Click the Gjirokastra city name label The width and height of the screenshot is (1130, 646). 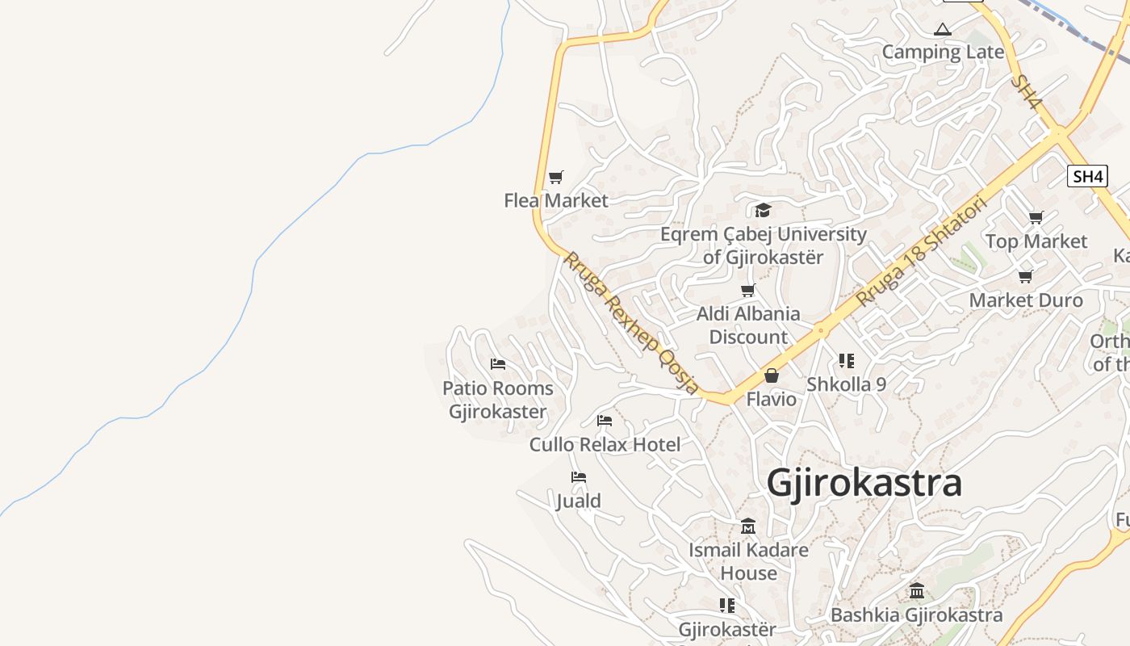(864, 483)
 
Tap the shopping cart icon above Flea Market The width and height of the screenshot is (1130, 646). (555, 177)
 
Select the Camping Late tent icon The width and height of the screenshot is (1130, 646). (942, 30)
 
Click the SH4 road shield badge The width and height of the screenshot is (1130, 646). (1086, 176)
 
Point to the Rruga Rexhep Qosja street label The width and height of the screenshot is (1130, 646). (631, 322)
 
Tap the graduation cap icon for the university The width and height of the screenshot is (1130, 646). (763, 211)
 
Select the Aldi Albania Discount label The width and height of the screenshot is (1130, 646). (748, 325)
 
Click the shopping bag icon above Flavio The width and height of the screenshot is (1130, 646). (772, 375)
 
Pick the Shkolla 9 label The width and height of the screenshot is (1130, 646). (846, 384)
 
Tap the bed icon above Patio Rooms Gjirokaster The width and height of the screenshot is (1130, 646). (498, 364)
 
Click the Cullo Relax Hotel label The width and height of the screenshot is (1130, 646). (605, 444)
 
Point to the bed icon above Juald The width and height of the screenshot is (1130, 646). (578, 477)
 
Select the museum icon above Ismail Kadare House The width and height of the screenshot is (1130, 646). (748, 526)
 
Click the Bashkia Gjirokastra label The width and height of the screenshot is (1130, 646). (916, 615)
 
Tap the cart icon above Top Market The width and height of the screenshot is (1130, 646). (1036, 217)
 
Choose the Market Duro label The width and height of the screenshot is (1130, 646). (1025, 300)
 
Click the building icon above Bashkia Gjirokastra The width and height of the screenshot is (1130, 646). (917, 591)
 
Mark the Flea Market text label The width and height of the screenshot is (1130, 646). (555, 200)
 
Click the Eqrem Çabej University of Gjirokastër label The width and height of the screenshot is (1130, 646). (763, 245)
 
